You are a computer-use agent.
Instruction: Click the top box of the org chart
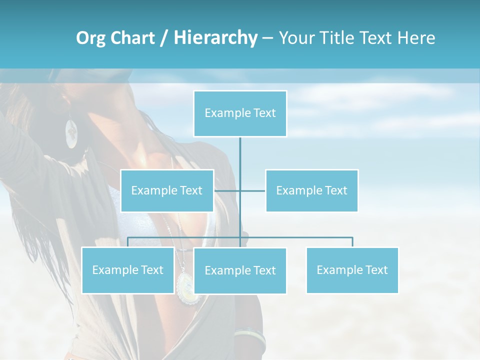pos(240,113)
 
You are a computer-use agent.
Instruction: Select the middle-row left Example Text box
pos(167,190)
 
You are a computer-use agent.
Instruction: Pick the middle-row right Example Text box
pos(311,190)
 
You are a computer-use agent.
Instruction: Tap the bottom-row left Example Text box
pos(128,270)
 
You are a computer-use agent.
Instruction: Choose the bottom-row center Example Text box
pos(240,270)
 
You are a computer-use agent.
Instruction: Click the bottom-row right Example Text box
pos(352,270)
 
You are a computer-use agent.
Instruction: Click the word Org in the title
pos(90,38)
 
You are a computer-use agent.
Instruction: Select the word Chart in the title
pos(132,38)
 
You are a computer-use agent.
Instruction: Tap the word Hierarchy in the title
pos(215,38)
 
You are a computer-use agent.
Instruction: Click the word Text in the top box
pos(264,113)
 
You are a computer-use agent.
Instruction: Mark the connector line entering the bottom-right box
pos(352,242)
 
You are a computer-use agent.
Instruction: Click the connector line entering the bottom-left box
pos(128,242)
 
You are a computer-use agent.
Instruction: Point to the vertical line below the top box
pos(240,155)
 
